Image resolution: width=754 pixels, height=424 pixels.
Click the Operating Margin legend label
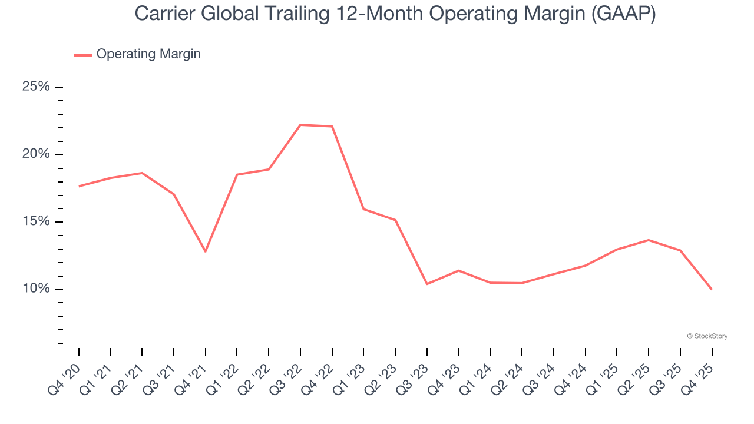[148, 54]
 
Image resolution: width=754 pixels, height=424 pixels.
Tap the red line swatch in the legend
[83, 55]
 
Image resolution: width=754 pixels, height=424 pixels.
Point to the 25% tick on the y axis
[59, 87]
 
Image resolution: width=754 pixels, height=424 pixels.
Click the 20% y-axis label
[36, 154]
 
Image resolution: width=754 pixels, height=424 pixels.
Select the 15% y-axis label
[36, 221]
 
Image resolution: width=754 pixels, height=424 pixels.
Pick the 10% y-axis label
[36, 289]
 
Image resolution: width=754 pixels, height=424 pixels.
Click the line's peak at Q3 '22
[300, 125]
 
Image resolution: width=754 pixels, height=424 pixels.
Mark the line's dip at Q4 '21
[206, 251]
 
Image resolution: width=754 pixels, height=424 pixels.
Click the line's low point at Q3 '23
[427, 284]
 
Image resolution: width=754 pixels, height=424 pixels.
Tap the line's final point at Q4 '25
[712, 289]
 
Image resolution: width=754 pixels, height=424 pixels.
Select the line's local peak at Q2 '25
[649, 240]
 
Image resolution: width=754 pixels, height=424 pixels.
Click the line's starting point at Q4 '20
[79, 186]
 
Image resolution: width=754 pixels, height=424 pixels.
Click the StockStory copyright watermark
[707, 336]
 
